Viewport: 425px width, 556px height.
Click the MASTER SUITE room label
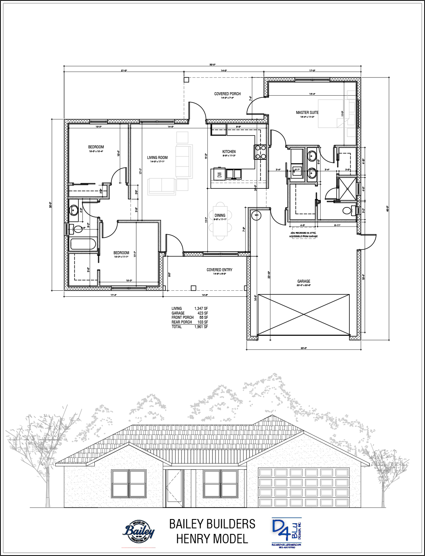(307, 113)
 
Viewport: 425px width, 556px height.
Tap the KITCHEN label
(229, 152)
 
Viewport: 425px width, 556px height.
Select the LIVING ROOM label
(157, 158)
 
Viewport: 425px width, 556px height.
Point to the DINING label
(220, 216)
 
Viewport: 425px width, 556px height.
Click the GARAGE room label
(303, 281)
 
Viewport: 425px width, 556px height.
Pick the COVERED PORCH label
(227, 94)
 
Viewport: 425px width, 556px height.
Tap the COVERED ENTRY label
(219, 270)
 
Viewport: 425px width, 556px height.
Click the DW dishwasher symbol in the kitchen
(219, 174)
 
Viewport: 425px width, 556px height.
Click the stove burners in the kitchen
(261, 152)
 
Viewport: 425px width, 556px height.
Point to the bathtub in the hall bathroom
(83, 244)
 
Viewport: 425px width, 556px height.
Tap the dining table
(220, 221)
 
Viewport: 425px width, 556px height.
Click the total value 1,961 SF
(201, 327)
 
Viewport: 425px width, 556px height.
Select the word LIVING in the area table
(176, 309)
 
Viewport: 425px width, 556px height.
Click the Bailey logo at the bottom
(139, 530)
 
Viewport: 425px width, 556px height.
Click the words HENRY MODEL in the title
(212, 539)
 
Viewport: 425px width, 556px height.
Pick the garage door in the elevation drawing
(303, 487)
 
